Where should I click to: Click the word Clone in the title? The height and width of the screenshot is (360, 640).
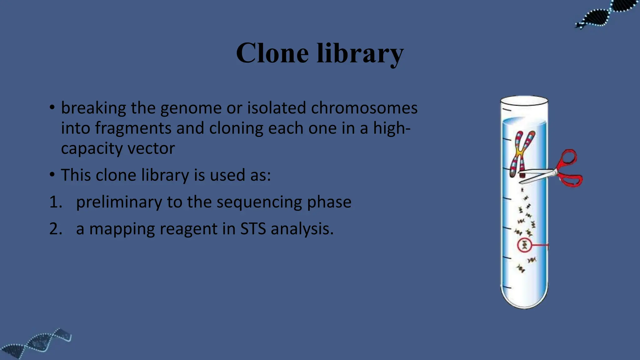(272, 53)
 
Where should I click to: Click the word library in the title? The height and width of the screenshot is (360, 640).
(360, 53)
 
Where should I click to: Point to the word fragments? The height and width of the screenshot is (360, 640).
(133, 128)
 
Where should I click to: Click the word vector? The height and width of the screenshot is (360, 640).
(151, 148)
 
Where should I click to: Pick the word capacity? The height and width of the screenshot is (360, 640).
(92, 148)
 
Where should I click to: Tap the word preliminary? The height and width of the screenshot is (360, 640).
(119, 202)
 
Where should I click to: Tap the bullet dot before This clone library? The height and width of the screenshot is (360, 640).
(52, 174)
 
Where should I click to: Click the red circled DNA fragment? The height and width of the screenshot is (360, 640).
(524, 245)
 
